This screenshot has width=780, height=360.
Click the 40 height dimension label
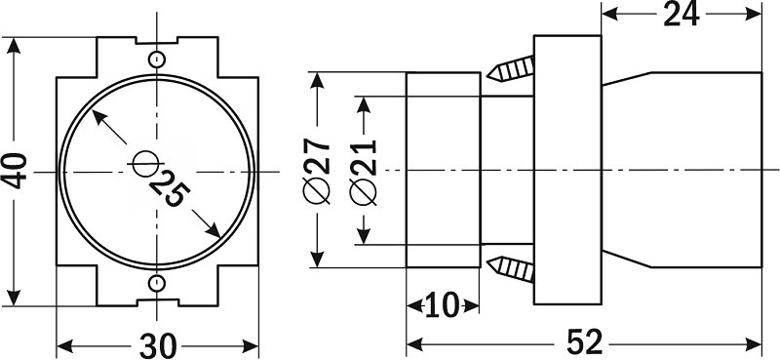click(x=16, y=172)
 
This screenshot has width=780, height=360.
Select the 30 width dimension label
click(x=158, y=345)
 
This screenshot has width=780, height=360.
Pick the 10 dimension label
click(x=443, y=305)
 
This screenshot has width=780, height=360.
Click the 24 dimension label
click(x=682, y=15)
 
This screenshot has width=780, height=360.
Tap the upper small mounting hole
click(x=157, y=60)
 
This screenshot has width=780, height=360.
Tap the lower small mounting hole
click(x=157, y=283)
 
